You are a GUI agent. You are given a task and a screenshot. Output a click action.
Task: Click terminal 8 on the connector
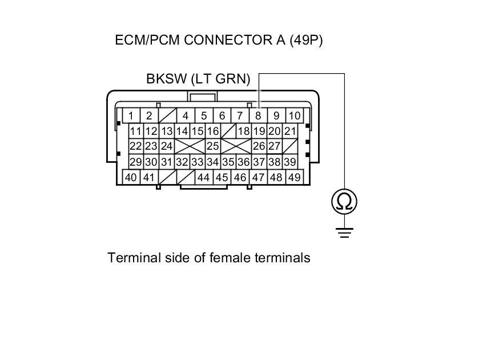tap(258, 115)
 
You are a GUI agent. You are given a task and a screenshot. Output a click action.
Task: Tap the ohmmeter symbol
tap(344, 201)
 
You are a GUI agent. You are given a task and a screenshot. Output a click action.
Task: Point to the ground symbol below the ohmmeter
tap(344, 231)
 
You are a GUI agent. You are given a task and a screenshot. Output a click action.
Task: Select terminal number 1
tap(131, 115)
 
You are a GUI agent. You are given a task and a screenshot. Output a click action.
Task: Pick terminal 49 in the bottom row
tap(294, 177)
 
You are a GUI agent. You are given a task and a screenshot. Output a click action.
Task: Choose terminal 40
tap(131, 177)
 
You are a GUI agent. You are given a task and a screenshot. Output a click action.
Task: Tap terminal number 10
tap(294, 115)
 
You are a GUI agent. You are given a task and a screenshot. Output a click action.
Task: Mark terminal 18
tap(244, 131)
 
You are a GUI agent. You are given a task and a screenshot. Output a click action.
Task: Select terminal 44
tap(203, 177)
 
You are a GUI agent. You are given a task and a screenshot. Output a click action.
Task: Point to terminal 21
tap(290, 131)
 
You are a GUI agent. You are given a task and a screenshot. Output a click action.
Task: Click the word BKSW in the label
tap(166, 79)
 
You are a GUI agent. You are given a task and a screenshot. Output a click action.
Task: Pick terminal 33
tap(197, 162)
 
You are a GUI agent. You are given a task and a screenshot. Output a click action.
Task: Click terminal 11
tap(135, 131)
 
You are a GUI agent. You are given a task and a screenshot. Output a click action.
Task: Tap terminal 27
tap(275, 146)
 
